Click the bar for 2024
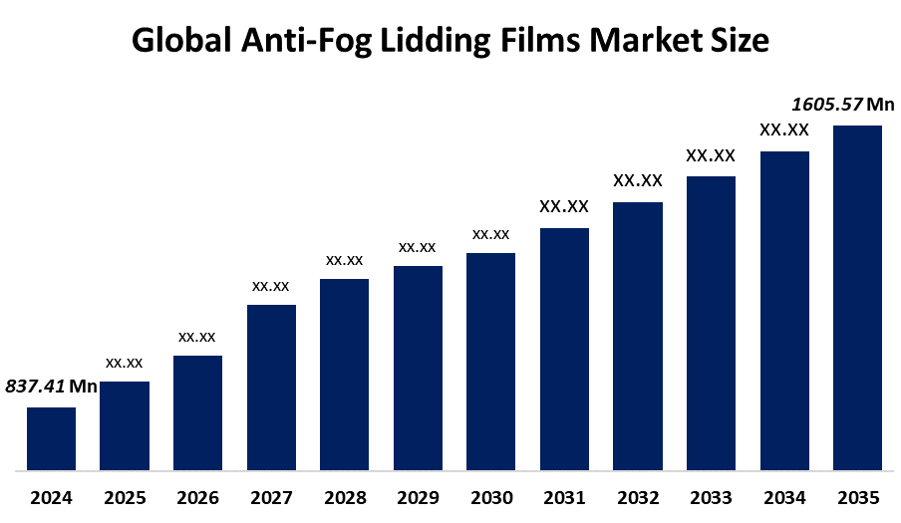(51, 438)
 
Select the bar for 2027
(271, 387)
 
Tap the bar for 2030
(491, 361)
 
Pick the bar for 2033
(711, 323)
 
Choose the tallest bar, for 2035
(857, 297)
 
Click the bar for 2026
(197, 412)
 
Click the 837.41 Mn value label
(51, 387)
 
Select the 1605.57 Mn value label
(842, 104)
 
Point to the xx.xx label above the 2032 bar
(638, 180)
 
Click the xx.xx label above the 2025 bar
(125, 363)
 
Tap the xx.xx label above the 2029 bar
(418, 247)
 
